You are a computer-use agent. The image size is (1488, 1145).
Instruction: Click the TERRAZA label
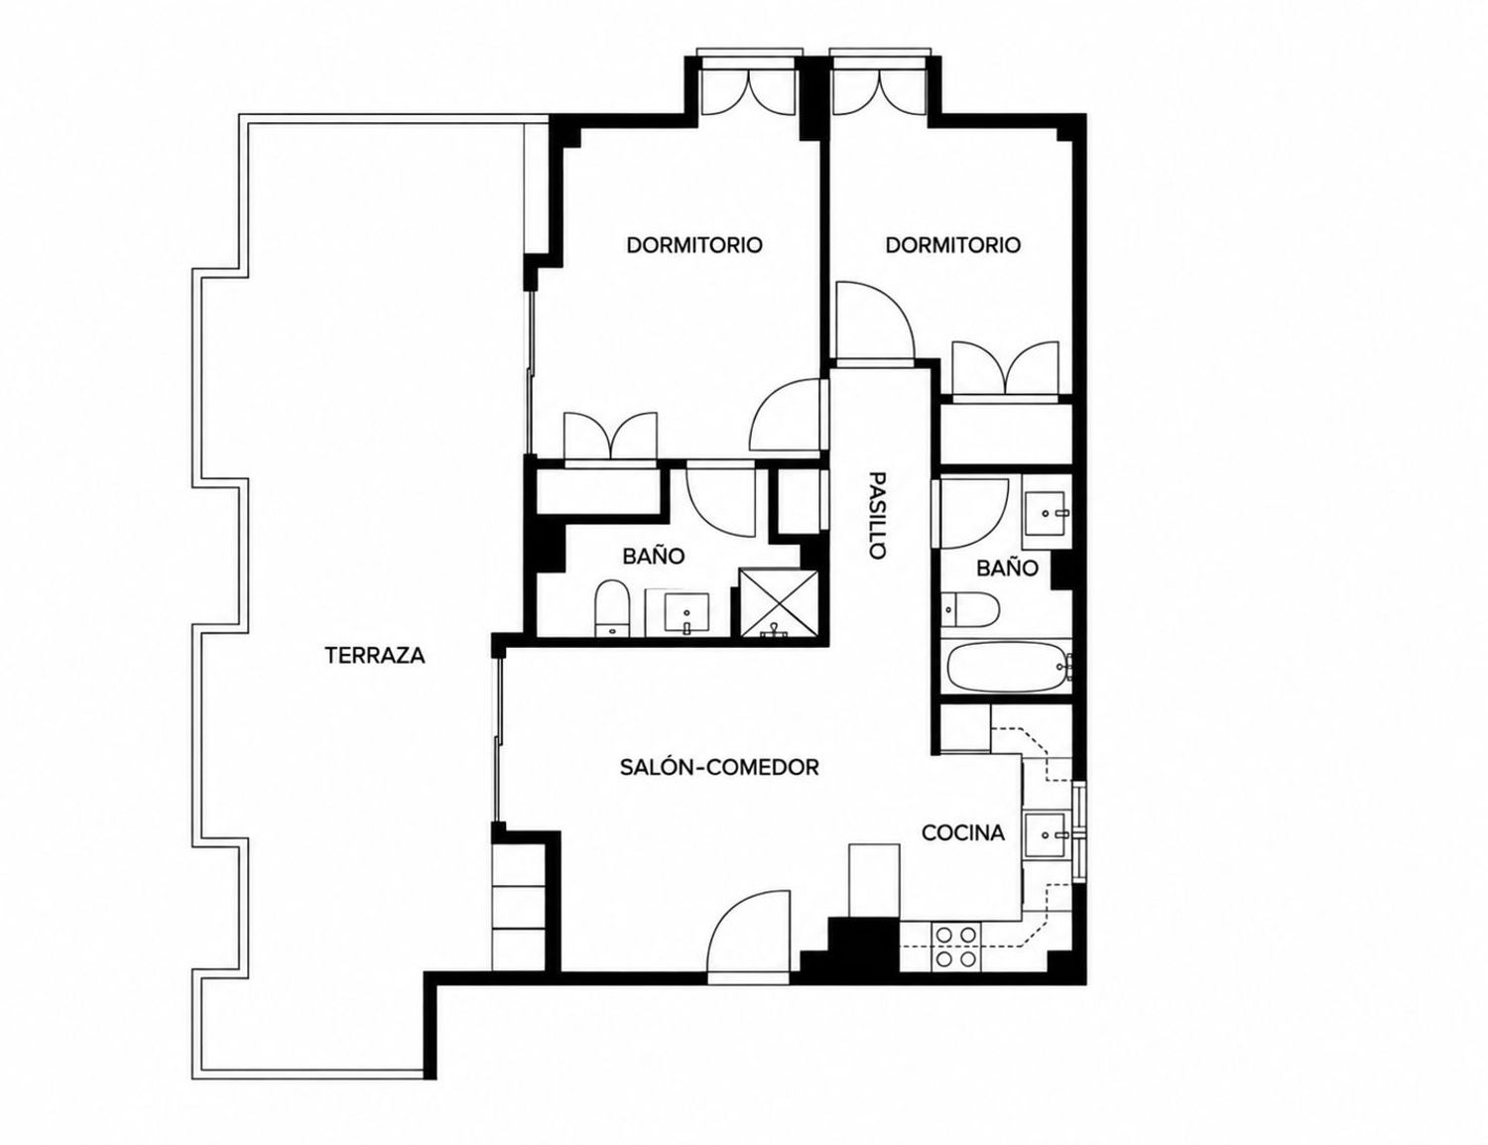click(x=375, y=656)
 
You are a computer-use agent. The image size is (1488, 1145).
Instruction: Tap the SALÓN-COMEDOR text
click(x=719, y=767)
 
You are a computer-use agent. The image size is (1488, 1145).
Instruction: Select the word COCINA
click(x=963, y=832)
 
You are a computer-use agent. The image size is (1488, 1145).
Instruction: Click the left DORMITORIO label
click(x=694, y=244)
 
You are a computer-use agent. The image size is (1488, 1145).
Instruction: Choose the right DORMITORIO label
click(x=953, y=244)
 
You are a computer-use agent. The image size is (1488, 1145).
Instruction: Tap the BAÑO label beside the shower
click(x=654, y=556)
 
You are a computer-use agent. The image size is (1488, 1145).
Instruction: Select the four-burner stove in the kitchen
click(x=956, y=947)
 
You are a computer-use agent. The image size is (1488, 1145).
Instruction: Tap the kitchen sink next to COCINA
click(x=1046, y=834)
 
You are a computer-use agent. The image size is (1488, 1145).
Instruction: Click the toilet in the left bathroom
click(x=611, y=608)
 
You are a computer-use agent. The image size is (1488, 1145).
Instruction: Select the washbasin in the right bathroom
click(x=1046, y=513)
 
